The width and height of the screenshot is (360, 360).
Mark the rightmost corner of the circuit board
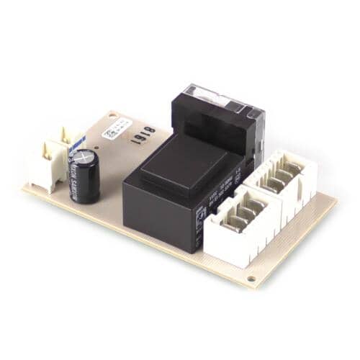pyautogui.click(x=336, y=199)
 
